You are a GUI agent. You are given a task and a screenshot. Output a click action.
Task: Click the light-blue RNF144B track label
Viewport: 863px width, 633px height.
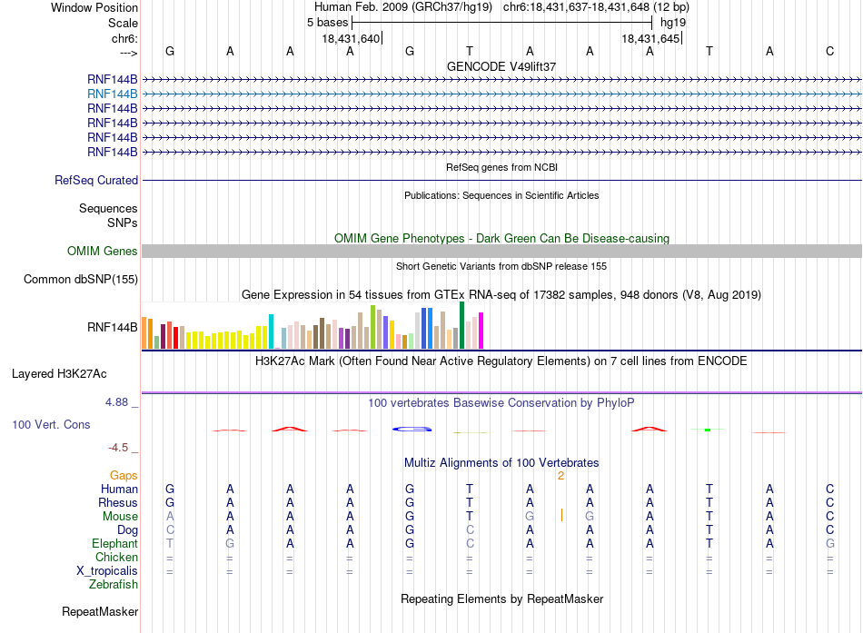(x=113, y=94)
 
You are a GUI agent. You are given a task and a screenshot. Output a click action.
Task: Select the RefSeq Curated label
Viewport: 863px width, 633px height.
(x=96, y=181)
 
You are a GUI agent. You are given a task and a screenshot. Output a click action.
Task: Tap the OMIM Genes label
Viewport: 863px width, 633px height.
(x=103, y=251)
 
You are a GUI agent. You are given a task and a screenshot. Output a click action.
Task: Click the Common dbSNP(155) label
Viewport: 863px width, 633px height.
(x=81, y=280)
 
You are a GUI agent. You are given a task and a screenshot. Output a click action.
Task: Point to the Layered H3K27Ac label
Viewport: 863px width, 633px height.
(x=59, y=374)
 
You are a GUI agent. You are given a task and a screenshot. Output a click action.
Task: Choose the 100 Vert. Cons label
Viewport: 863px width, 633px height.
(x=51, y=425)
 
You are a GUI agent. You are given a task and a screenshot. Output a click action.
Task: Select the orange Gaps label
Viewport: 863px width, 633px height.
(x=124, y=476)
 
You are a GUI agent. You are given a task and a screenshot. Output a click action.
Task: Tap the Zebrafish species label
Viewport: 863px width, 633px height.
(x=114, y=585)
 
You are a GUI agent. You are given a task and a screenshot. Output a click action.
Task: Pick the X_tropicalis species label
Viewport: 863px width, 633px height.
(x=107, y=571)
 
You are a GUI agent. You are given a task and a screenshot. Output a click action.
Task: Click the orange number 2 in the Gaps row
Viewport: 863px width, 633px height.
(x=560, y=476)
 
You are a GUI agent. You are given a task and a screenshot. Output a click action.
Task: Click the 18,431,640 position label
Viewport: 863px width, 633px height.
(x=351, y=39)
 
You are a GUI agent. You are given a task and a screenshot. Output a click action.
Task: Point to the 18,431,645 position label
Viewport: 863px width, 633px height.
(x=650, y=39)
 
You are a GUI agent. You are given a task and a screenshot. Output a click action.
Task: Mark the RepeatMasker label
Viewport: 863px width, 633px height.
(x=100, y=612)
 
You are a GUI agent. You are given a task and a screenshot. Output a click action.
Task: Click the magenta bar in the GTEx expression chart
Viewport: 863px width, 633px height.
(x=481, y=331)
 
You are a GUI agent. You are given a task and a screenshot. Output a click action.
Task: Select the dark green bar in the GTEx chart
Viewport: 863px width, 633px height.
(x=461, y=325)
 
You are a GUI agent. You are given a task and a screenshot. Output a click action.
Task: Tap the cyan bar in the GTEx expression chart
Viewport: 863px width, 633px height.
(x=271, y=331)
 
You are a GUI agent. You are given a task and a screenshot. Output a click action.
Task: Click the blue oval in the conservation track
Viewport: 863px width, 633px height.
(x=412, y=429)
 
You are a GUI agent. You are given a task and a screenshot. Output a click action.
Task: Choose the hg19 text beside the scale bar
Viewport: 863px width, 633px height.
(x=673, y=23)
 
